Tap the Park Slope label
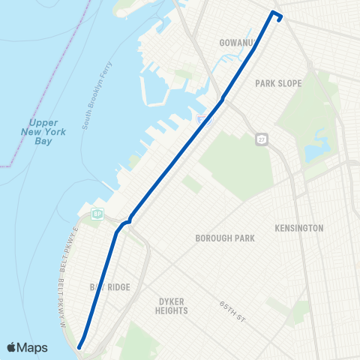(278, 83)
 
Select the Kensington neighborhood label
(298, 227)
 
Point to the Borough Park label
(225, 238)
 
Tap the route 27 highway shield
(261, 140)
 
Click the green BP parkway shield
(97, 214)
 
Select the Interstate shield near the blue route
(202, 120)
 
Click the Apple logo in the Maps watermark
(13, 347)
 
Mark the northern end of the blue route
(280, 20)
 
